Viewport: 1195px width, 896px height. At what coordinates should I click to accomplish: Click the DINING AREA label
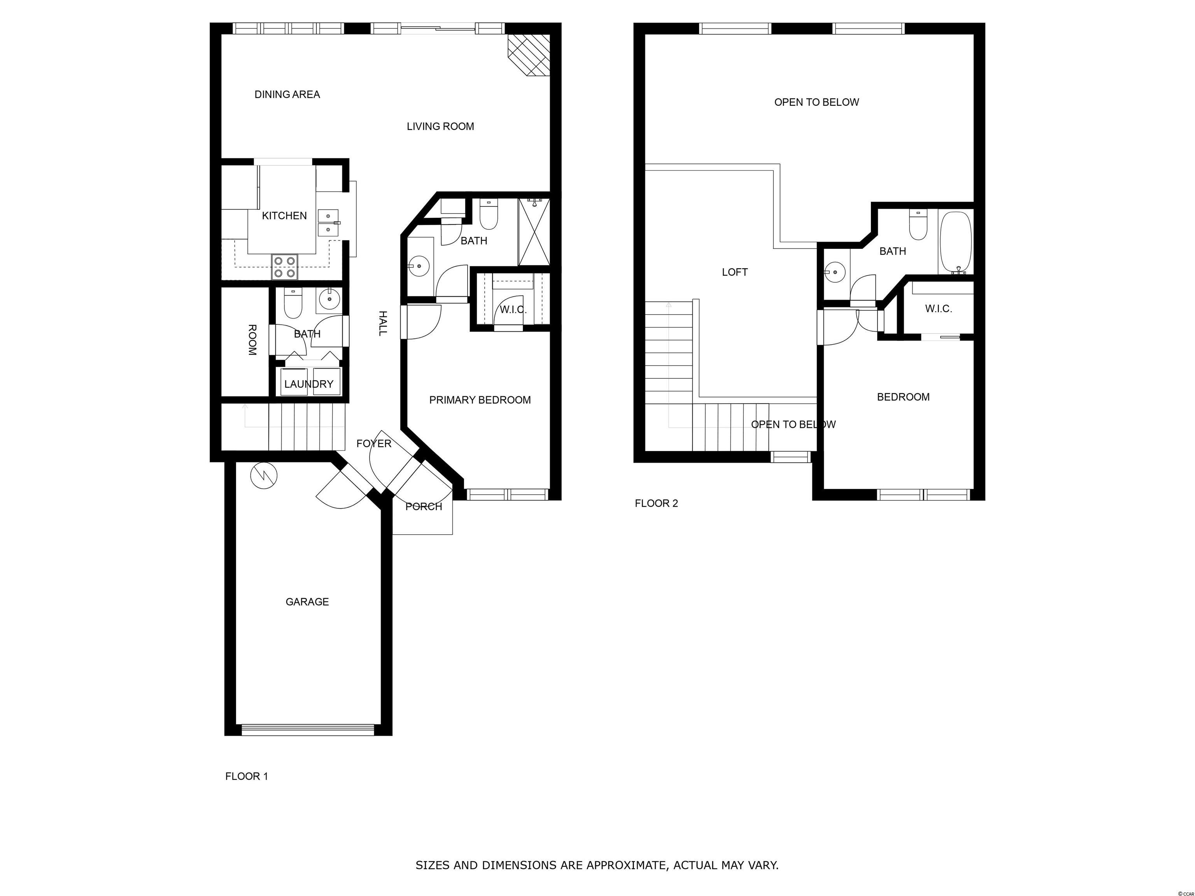(x=287, y=94)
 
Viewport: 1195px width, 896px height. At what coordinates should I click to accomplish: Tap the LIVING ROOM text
(x=440, y=126)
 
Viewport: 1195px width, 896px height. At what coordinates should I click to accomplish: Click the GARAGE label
(x=307, y=602)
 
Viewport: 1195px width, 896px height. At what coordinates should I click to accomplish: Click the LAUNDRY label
(x=309, y=384)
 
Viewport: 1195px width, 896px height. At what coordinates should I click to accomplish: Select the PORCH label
(x=424, y=507)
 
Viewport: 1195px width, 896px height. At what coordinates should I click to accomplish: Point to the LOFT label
(x=735, y=272)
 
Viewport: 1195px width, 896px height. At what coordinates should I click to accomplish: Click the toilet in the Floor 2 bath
(x=918, y=225)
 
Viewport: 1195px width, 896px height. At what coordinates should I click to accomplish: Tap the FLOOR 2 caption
(x=656, y=503)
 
